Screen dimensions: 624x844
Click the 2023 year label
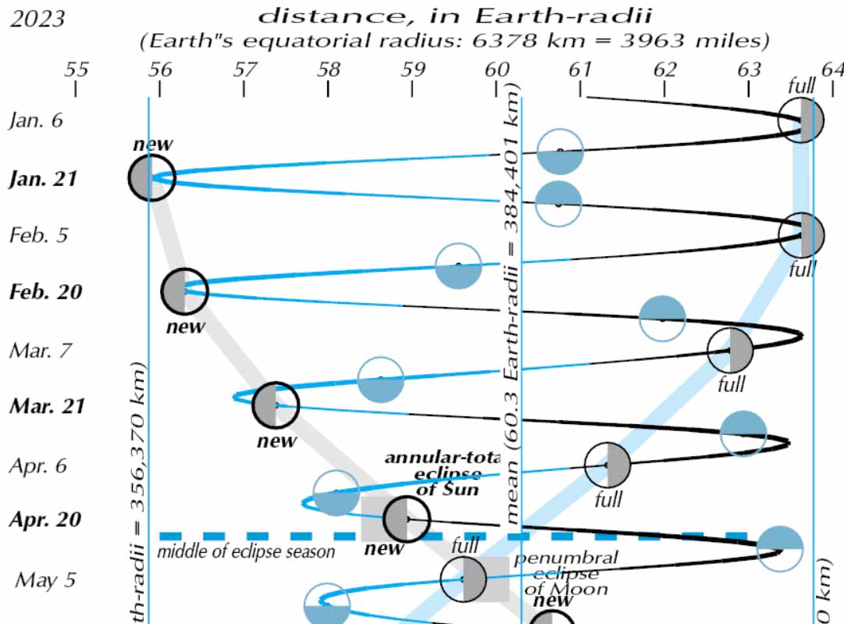(37, 18)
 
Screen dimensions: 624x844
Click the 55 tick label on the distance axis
(76, 70)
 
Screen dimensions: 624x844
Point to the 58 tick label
(329, 70)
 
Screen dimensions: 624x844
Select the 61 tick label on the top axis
(580, 70)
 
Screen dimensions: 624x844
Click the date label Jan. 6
(35, 121)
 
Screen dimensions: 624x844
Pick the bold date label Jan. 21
(44, 179)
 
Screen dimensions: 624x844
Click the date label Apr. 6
(37, 465)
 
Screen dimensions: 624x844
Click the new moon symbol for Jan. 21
(151, 178)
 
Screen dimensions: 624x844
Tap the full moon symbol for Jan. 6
(801, 121)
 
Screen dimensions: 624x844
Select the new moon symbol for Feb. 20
(185, 291)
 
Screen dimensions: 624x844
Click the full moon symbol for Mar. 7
(730, 351)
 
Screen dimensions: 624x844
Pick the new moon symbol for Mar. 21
(276, 405)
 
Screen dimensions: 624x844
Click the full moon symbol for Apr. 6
(607, 465)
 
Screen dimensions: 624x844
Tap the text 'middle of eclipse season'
(246, 551)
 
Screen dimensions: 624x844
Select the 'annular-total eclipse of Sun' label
(442, 473)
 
